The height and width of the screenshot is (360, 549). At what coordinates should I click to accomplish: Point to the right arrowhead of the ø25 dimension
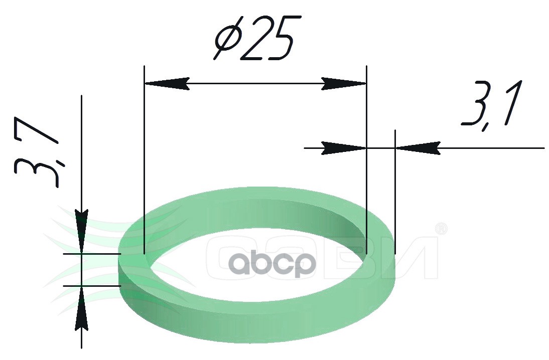point(344,84)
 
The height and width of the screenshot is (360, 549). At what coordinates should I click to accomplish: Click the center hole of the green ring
point(256,266)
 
